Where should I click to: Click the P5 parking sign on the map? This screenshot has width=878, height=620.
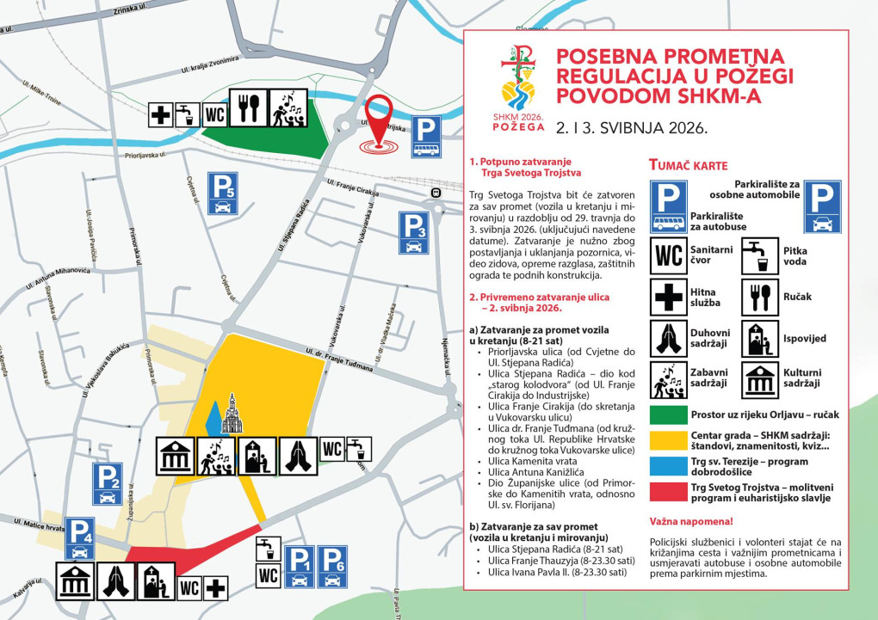(222, 193)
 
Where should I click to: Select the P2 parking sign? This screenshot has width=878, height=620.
(108, 483)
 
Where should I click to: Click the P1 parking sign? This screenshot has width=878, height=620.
(299, 566)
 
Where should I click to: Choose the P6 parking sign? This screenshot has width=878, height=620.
(332, 566)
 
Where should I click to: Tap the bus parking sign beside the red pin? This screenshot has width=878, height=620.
(425, 137)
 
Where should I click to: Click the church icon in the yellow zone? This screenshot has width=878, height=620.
(232, 414)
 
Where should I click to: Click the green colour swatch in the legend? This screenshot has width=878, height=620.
(668, 414)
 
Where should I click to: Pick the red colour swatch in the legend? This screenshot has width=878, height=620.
(668, 492)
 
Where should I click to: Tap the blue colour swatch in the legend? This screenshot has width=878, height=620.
(668, 465)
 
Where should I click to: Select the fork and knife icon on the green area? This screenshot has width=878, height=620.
(249, 108)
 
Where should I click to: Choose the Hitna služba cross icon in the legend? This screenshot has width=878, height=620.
(668, 297)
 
